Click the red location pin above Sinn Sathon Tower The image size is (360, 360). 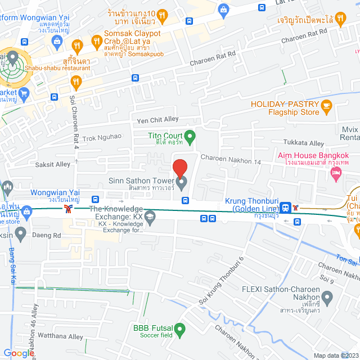tap(179, 168)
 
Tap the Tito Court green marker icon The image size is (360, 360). tap(190, 136)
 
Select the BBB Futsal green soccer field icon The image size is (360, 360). tap(180, 328)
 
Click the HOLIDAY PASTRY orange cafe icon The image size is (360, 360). tap(327, 105)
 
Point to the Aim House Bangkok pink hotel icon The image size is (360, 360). tap(336, 175)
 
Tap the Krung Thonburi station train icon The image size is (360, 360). tap(286, 208)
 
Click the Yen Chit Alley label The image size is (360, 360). tap(157, 119)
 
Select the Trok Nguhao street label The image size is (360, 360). tap(102, 137)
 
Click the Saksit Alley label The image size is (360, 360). tap(53, 164)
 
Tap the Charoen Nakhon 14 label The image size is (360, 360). tap(231, 161)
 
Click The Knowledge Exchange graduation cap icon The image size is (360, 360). tap(150, 216)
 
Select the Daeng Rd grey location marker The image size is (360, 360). tap(21, 235)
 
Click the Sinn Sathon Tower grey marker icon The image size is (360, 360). tap(182, 182)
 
